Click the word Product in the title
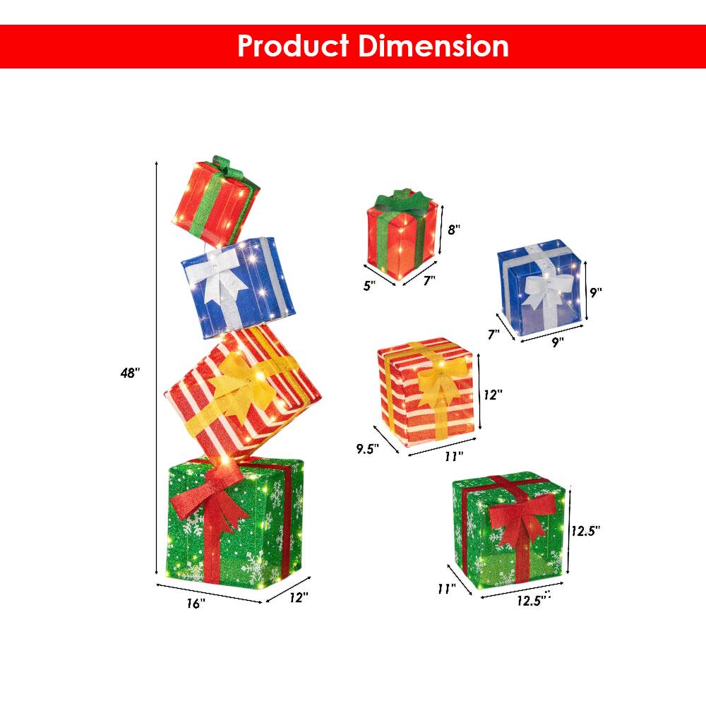pos(293,46)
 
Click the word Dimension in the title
pos(433,46)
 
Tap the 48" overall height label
pos(130,373)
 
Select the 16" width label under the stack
pos(196,604)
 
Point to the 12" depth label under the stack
pos(299,598)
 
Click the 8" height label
pos(454,229)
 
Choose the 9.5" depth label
pos(367,448)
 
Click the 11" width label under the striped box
pos(453,456)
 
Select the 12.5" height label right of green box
pos(587,530)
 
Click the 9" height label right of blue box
pos(597,292)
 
